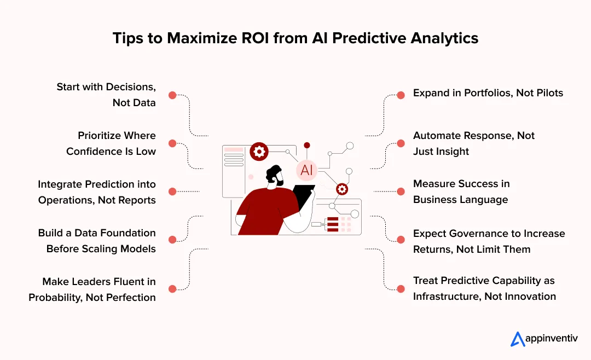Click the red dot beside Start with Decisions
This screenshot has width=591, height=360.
pos(172,95)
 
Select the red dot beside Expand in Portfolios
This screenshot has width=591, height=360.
pos(401,95)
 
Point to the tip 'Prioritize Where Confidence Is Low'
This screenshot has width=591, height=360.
pos(111,143)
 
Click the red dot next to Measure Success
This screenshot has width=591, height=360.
pos(401,191)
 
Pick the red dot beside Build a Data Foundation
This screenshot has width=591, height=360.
pos(172,240)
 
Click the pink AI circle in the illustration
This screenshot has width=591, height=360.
pos(306,170)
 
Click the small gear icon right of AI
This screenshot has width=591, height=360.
pos(342,189)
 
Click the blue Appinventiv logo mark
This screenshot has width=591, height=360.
pos(518,339)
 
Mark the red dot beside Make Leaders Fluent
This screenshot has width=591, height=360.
pos(172,288)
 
